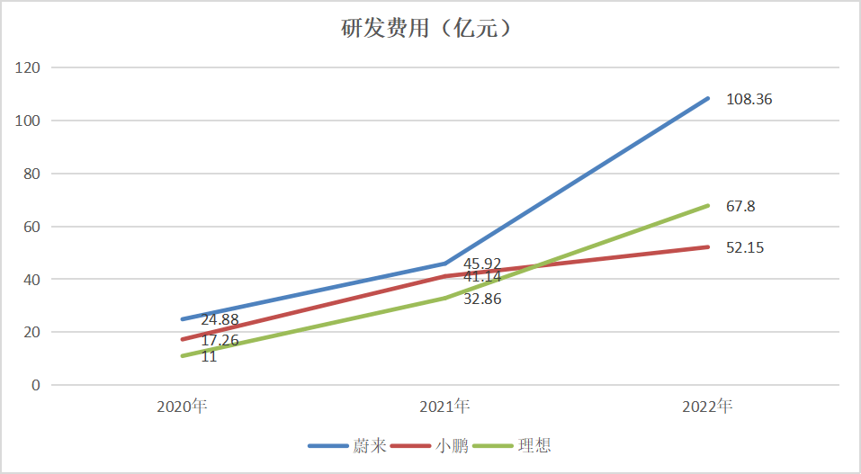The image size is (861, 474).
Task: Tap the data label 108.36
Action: point(749,100)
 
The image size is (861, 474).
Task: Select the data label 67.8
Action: point(740,206)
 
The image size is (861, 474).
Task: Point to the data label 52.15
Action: point(745,247)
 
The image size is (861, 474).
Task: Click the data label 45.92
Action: point(482,264)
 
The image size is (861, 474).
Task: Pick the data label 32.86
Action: point(482,299)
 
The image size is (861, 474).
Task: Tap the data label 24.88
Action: point(220,319)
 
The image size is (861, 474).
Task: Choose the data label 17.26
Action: point(220,341)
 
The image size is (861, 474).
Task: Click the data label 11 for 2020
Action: point(209,357)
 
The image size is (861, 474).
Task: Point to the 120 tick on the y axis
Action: point(29,67)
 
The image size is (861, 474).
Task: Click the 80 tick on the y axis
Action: point(32,174)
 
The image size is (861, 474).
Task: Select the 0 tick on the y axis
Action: point(36,385)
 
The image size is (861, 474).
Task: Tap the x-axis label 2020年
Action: point(182,407)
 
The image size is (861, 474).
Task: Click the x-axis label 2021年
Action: point(444,407)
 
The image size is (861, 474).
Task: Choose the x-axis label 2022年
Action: point(707,407)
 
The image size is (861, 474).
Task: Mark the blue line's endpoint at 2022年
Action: point(707,98)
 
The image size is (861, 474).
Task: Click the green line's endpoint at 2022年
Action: point(707,205)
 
